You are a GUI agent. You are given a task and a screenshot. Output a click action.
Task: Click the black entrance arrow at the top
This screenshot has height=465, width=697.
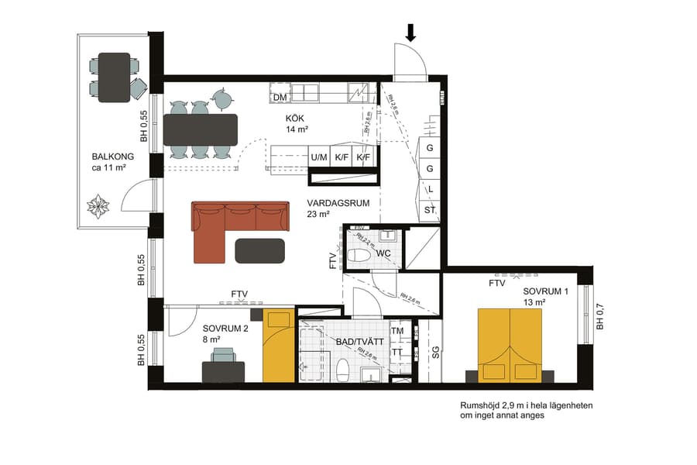(411, 32)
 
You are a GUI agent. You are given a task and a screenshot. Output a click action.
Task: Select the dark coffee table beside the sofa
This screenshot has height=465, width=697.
(259, 250)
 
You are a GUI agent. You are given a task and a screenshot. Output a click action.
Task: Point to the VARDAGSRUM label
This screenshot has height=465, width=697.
(338, 203)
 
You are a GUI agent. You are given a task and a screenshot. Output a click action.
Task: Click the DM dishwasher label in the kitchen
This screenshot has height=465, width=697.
(280, 98)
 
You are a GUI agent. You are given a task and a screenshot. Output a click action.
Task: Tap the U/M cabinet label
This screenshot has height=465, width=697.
(319, 157)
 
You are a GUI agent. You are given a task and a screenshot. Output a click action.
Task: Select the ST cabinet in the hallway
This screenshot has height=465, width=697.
(430, 210)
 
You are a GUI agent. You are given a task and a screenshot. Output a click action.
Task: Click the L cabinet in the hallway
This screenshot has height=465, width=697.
(430, 189)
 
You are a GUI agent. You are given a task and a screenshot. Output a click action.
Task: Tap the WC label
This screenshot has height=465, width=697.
(383, 253)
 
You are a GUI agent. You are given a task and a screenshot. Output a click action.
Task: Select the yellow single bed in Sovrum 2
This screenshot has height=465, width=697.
(279, 346)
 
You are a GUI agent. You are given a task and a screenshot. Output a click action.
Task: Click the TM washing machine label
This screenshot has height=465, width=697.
(397, 331)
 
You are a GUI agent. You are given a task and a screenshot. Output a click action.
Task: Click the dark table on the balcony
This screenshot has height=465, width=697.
(114, 77)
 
